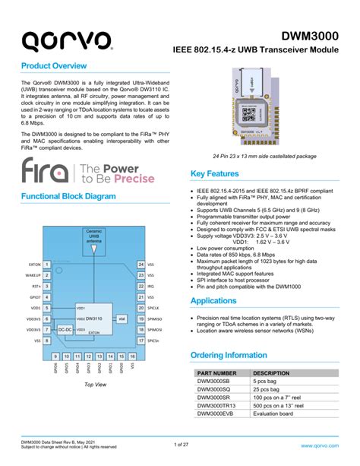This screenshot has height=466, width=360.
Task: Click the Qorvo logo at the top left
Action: [x=66, y=40]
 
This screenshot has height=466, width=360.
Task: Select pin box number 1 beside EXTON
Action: [x=47, y=265]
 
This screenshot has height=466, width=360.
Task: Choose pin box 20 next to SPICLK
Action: [x=141, y=309]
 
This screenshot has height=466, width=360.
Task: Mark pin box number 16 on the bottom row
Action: [x=132, y=355]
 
